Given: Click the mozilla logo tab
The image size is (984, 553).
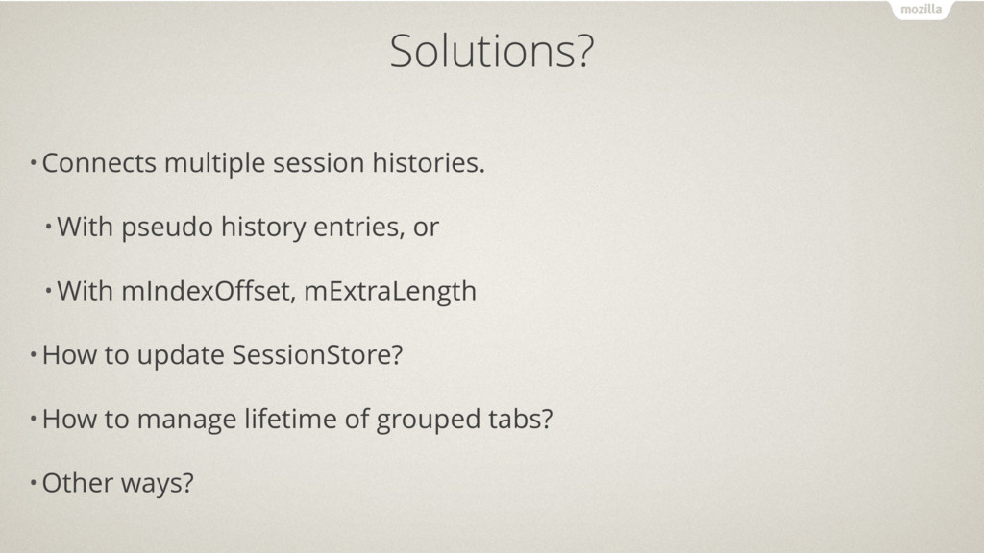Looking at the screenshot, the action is pyautogui.click(x=921, y=10).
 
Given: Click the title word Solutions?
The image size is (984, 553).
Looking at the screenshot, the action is pyautogui.click(x=491, y=51).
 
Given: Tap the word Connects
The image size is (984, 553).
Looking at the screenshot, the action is pyautogui.click(x=99, y=163).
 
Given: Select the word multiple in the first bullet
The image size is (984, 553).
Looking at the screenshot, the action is pyautogui.click(x=214, y=164).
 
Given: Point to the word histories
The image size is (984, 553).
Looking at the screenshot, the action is pyautogui.click(x=429, y=162).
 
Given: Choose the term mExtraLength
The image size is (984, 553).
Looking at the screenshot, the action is pyautogui.click(x=390, y=292).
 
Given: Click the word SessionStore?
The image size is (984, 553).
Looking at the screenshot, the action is pyautogui.click(x=317, y=355).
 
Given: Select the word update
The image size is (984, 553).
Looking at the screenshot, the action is pyautogui.click(x=181, y=356).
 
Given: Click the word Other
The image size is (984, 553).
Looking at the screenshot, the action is pyautogui.click(x=77, y=483).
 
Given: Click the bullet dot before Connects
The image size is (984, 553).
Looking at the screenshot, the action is pyautogui.click(x=34, y=163).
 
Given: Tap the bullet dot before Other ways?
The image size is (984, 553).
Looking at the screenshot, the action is pyautogui.click(x=34, y=483).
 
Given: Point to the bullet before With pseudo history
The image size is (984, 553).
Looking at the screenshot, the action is pyautogui.click(x=48, y=227).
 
